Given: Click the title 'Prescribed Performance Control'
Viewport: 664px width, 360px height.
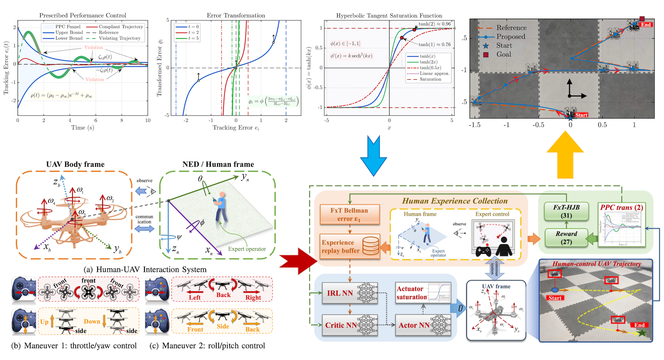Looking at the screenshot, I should tap(83, 16).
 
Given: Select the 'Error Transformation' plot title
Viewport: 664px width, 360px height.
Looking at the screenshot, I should tap(236, 16).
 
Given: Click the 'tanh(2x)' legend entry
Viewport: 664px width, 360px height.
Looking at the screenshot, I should tap(428, 62).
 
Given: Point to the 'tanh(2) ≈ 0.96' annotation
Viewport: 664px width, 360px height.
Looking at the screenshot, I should tap(434, 24).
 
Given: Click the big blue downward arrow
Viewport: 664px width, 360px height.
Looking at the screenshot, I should tap(374, 156).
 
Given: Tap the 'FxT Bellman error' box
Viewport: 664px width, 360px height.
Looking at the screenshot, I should tap(349, 214).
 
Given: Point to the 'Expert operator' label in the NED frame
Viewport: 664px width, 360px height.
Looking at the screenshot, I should tap(247, 249).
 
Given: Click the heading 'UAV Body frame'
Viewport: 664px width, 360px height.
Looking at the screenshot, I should tap(75, 164).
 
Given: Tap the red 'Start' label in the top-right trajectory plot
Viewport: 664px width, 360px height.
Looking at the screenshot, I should tap(581, 115).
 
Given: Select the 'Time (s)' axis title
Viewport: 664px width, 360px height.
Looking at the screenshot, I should tap(82, 128).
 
